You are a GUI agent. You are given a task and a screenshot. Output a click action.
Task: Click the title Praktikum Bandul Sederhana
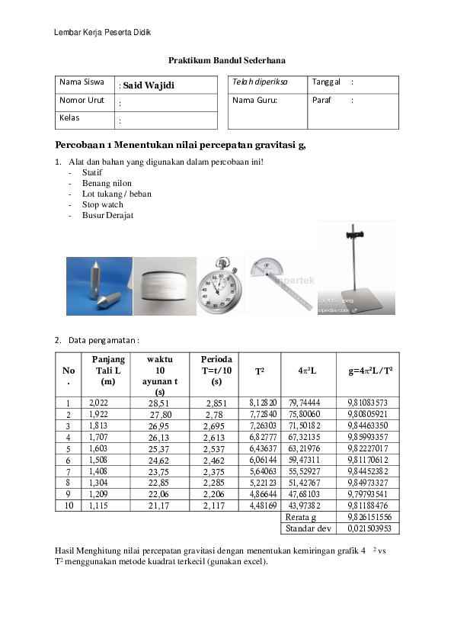(x=227, y=59)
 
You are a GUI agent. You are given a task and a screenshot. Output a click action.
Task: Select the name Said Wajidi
(x=149, y=85)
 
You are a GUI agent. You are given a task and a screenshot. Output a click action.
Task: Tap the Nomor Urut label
(x=82, y=100)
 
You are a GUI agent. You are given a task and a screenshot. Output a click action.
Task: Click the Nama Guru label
(x=254, y=100)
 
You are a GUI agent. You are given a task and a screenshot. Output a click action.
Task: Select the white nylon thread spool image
(x=165, y=286)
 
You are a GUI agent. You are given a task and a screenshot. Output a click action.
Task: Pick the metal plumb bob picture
(x=99, y=286)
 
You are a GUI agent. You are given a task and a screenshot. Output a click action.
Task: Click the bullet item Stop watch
(x=102, y=204)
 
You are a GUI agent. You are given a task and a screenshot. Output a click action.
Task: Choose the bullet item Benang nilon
(x=107, y=183)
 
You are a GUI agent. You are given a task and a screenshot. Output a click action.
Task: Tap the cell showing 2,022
(x=99, y=403)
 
